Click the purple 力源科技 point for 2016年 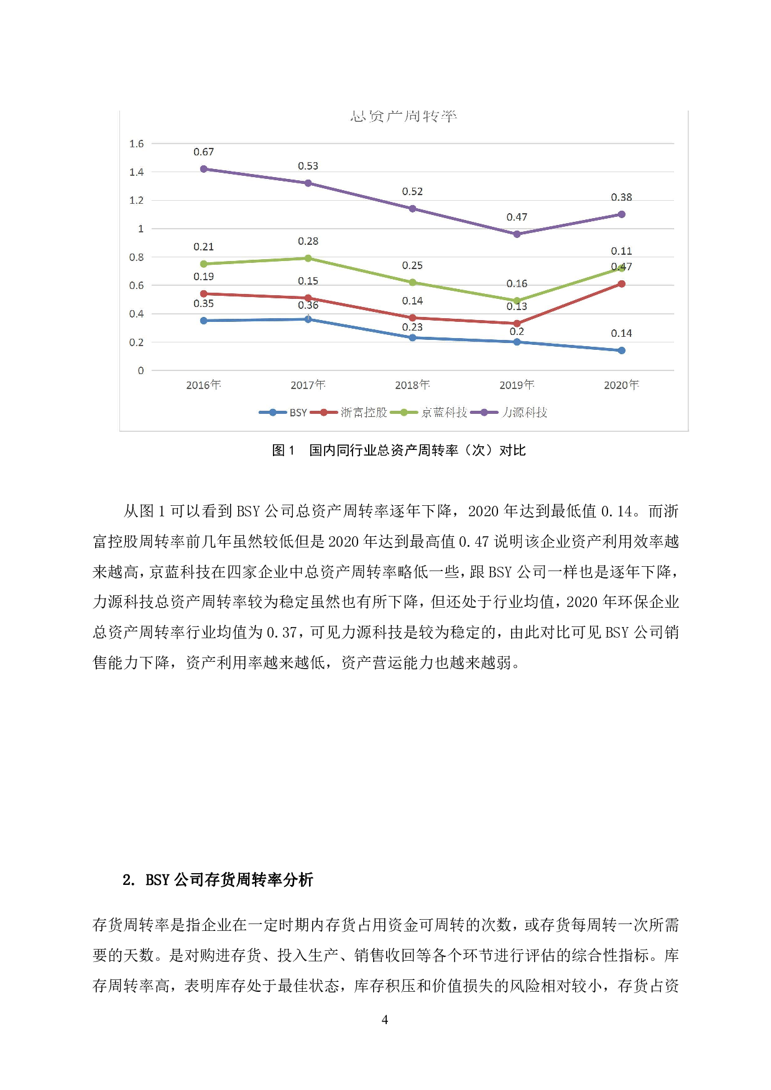203,169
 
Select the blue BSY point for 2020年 621,350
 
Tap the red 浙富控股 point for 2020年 621,284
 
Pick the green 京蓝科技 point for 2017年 308,258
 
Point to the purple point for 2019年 517,234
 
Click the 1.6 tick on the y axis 136,144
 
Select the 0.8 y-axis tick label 136,257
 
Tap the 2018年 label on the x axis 412,385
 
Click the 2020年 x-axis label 621,385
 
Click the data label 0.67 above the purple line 203,152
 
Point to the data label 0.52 412,192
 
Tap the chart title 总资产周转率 404,116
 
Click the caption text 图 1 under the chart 284,451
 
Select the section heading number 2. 128,880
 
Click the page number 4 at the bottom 385,1019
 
